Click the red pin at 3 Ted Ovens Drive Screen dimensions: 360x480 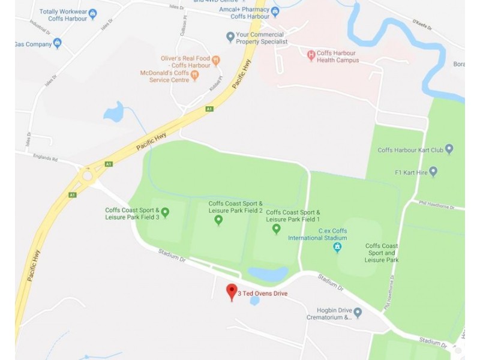[x=231, y=292]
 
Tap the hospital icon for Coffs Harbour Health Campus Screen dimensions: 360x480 [x=311, y=56]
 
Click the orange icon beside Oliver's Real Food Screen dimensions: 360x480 [x=216, y=61]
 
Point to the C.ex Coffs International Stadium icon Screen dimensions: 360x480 [x=338, y=247]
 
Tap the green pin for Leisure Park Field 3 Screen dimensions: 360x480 [x=165, y=212]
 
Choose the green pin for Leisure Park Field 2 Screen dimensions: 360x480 [x=218, y=220]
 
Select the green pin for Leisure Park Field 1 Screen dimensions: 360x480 [x=276, y=228]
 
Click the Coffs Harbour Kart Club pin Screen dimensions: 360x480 [x=449, y=149]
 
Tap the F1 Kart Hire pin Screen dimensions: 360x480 [x=433, y=172]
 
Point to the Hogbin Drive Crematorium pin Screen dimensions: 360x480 [x=358, y=312]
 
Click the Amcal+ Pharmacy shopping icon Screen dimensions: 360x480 [x=275, y=11]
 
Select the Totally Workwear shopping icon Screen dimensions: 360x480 [x=92, y=12]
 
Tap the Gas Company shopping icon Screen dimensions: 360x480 [x=57, y=43]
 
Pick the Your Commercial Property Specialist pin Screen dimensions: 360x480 [x=229, y=37]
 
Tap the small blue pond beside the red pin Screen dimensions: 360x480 [x=254, y=300]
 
